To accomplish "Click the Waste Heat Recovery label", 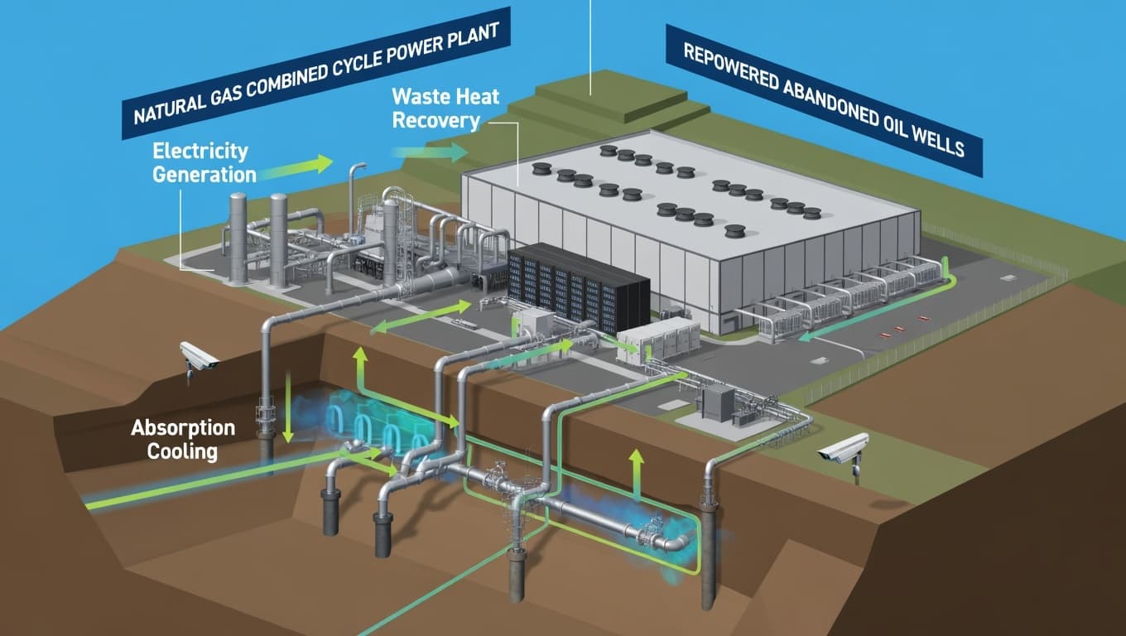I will click(x=446, y=108).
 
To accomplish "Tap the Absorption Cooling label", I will click(x=183, y=440).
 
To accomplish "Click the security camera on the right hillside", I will click(x=844, y=450).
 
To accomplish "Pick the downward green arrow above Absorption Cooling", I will click(x=287, y=406).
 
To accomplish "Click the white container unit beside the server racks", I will click(x=658, y=340).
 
